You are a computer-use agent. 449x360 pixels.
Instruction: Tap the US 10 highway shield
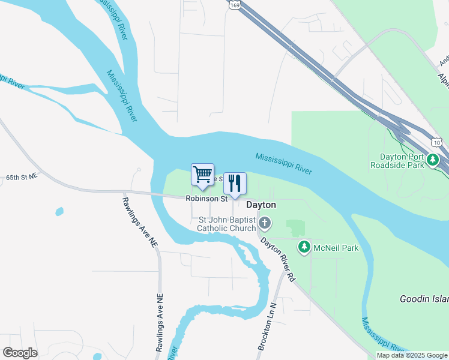pyautogui.click(x=436, y=142)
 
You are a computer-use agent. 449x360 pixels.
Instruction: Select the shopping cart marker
pyautogui.click(x=203, y=175)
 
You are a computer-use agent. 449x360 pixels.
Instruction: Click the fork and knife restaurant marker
pyautogui.click(x=235, y=182)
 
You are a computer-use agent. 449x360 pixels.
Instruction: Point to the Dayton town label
pyautogui.click(x=262, y=205)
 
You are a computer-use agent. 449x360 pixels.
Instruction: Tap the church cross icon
pyautogui.click(x=265, y=224)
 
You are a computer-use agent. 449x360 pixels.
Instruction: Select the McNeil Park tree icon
pyautogui.click(x=305, y=247)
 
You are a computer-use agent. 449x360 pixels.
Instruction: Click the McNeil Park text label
pyautogui.click(x=336, y=247)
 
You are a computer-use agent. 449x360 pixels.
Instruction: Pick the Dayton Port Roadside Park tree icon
pyautogui.click(x=433, y=160)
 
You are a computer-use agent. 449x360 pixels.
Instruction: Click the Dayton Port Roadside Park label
pyautogui.click(x=398, y=160)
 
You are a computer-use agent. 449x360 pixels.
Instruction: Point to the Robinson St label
pyautogui.click(x=206, y=198)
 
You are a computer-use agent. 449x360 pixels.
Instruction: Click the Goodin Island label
pyautogui.click(x=424, y=298)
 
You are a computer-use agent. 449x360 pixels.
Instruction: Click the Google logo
pyautogui.click(x=20, y=352)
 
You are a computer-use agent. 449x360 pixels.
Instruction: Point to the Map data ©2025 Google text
pyautogui.click(x=412, y=355)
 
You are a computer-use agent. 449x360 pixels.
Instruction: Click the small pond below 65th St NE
pyautogui.click(x=59, y=211)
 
